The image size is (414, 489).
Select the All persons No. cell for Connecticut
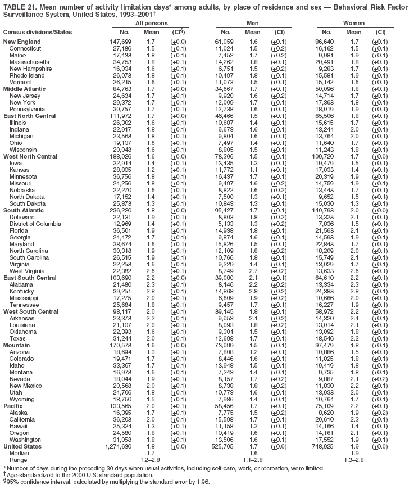click(120, 49)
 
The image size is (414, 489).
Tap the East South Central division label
click(30, 278)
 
